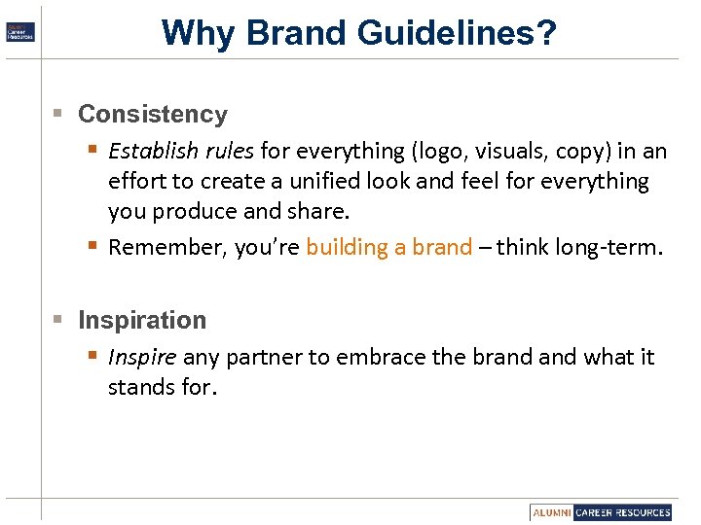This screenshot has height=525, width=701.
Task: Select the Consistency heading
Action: (152, 114)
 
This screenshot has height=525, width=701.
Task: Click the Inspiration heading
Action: (142, 320)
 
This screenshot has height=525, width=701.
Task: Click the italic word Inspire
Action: (142, 357)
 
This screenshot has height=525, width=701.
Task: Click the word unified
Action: (352, 181)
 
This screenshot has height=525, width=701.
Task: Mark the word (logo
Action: (440, 151)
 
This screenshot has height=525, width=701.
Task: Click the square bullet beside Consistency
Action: (58, 114)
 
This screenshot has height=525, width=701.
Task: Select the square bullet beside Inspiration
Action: (58, 320)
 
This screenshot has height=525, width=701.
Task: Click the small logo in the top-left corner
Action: (19, 31)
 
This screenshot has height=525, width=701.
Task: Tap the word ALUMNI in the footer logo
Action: (551, 512)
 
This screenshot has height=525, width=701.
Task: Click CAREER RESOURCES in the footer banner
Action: (622, 512)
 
